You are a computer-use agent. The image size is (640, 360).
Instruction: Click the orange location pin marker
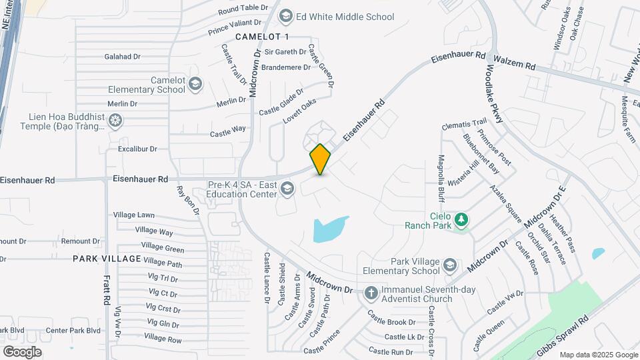[320, 159]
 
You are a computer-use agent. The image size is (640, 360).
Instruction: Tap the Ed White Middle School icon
[286, 16]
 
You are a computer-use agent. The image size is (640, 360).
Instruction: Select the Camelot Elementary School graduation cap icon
[195, 84]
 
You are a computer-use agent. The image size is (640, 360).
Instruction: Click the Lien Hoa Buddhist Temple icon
[116, 121]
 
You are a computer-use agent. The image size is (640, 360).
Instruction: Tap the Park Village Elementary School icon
[450, 265]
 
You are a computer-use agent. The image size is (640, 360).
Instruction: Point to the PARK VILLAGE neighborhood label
[107, 259]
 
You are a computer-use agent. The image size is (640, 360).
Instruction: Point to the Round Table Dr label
[243, 11]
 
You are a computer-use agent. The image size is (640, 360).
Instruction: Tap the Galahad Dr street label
[122, 57]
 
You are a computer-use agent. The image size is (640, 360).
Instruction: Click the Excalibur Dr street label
[137, 149]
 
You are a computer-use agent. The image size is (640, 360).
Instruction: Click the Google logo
[22, 351]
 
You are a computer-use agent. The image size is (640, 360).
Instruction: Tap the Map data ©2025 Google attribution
[598, 355]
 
